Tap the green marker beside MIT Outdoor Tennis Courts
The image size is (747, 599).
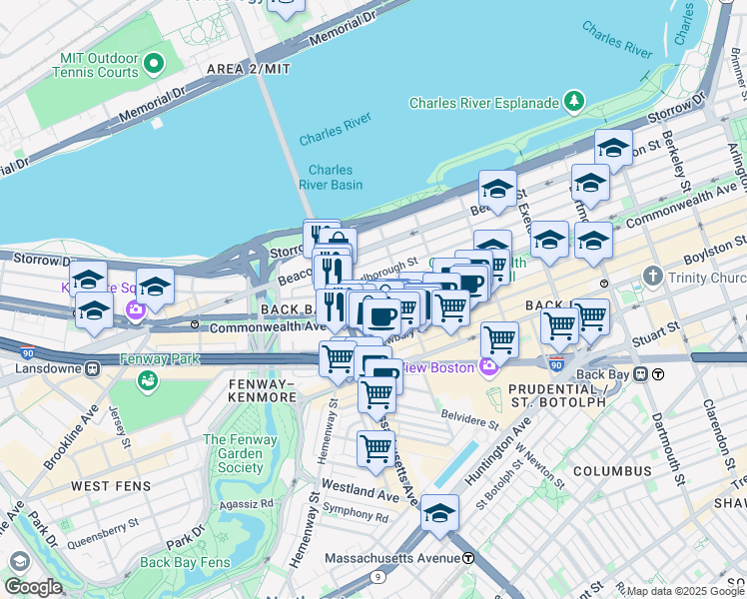click(153, 65)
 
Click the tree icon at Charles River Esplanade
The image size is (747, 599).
click(574, 101)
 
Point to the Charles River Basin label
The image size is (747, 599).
click(331, 177)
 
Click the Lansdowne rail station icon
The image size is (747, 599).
click(91, 367)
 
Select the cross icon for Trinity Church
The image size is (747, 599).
click(652, 275)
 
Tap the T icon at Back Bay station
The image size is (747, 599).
click(659, 374)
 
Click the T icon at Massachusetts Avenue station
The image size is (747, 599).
click(467, 557)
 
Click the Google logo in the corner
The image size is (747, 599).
click(33, 587)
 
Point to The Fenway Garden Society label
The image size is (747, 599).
click(234, 453)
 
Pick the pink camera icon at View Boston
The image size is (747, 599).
click(488, 367)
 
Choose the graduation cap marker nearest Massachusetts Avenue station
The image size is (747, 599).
click(439, 513)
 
